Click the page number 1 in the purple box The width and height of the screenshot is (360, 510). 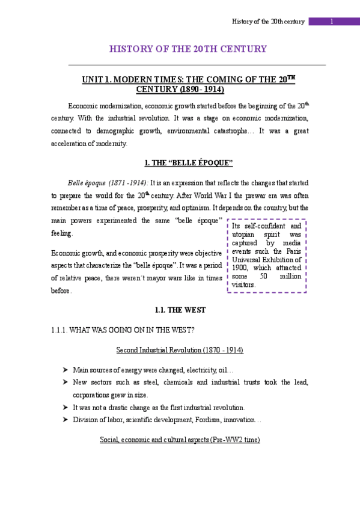click(332, 22)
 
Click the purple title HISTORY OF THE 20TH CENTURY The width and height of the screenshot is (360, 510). click(188, 49)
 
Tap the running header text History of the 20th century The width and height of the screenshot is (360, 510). click(269, 22)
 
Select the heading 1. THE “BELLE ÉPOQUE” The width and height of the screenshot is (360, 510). click(189, 163)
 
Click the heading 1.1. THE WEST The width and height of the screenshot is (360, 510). click(180, 310)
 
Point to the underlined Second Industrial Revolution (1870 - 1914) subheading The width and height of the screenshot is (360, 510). click(180, 350)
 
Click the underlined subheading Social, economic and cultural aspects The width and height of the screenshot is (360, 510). click(180, 440)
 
